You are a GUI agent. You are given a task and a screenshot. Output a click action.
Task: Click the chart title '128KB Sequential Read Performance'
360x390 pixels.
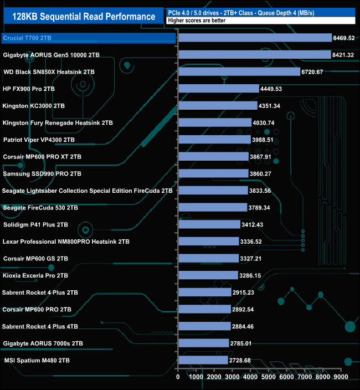point(84,17)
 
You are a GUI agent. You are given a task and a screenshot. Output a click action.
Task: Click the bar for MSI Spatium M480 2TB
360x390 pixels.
point(203,360)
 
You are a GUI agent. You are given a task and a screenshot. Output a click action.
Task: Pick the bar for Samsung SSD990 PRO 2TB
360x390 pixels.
point(213,174)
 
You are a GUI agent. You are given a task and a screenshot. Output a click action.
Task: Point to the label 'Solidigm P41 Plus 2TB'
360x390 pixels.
point(35,224)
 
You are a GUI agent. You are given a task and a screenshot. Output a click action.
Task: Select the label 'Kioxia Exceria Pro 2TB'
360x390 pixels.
point(35,275)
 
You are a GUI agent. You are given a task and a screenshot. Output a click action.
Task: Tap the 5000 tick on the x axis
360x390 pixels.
point(268,377)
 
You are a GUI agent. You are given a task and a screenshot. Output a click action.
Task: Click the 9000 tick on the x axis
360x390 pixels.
point(341,377)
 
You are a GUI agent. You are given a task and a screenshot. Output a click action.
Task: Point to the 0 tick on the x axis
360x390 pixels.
point(178,377)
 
